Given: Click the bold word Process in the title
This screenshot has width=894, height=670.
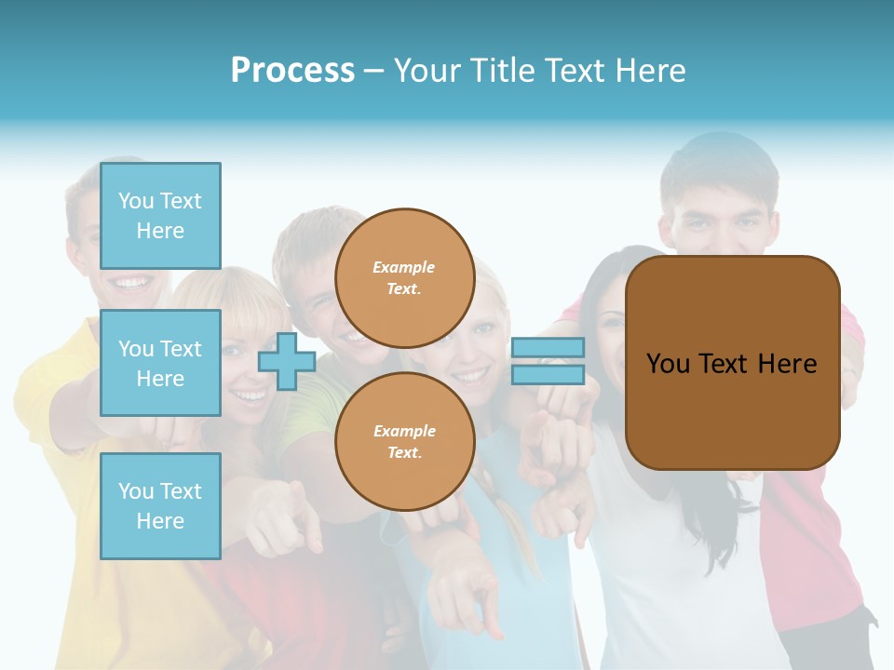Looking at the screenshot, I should [x=292, y=71].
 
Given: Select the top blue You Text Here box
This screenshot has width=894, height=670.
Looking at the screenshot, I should [x=160, y=216].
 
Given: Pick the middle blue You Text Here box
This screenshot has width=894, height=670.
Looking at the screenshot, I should [x=160, y=363].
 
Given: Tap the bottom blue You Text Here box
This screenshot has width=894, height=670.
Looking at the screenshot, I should [x=160, y=505].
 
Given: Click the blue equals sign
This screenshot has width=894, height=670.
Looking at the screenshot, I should [x=548, y=361].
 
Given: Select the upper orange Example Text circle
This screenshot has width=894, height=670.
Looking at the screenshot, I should [x=404, y=278].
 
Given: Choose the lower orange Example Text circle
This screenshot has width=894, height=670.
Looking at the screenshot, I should [x=404, y=441].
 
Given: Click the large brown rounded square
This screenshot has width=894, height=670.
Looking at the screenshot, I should [x=732, y=363].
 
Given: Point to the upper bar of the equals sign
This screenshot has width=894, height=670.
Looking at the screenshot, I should [x=548, y=348].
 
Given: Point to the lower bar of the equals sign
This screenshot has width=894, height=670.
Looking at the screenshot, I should [x=548, y=374].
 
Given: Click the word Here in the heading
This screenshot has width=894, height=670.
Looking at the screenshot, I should [x=652, y=71].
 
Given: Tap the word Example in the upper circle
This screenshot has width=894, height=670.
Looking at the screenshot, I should [x=404, y=268].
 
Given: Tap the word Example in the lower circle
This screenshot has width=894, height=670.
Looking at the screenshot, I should [x=404, y=431].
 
